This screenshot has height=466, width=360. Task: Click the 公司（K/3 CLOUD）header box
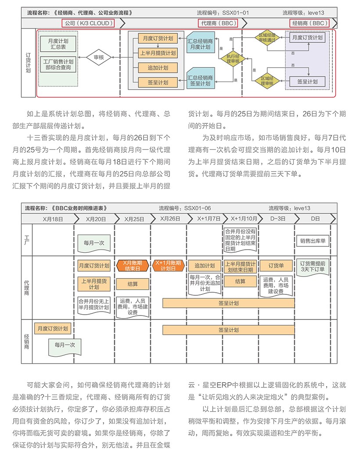point(88,22)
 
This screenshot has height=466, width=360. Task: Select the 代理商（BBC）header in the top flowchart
point(218,22)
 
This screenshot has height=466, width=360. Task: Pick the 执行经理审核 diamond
point(233,58)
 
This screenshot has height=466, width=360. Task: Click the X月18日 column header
point(53,219)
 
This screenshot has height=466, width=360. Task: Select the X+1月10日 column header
point(240,219)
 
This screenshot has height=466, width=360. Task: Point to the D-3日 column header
point(277,219)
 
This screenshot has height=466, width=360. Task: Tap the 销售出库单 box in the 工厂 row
point(313,240)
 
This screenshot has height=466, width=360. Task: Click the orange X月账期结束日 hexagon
point(132,265)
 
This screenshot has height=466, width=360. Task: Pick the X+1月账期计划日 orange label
point(168,265)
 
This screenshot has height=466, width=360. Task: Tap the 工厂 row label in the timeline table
point(26,239)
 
